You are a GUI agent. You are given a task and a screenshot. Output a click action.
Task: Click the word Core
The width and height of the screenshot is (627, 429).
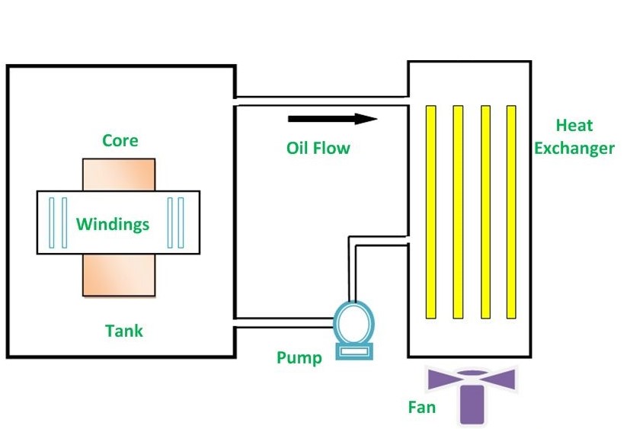pyautogui.click(x=120, y=141)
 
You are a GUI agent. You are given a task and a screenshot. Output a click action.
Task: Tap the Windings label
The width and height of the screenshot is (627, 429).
pyautogui.click(x=113, y=224)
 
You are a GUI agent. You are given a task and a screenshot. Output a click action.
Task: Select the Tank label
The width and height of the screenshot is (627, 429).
pyautogui.click(x=123, y=331)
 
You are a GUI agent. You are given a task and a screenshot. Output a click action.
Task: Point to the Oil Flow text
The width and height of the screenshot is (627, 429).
pyautogui.click(x=318, y=148)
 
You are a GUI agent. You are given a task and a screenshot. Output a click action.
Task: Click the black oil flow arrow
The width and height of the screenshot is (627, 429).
pyautogui.click(x=332, y=118)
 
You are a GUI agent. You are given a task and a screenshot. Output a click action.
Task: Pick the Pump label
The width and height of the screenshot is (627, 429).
pyautogui.click(x=299, y=357)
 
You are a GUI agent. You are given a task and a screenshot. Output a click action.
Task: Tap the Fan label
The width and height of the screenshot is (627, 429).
pyautogui.click(x=421, y=407)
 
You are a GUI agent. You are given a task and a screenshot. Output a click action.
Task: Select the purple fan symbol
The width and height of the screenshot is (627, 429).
pyautogui.click(x=472, y=392)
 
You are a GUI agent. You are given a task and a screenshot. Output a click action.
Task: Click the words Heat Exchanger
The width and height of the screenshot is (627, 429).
pyautogui.click(x=574, y=136)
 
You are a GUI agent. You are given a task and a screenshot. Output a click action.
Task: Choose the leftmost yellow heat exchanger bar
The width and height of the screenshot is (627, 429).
pyautogui.click(x=430, y=212)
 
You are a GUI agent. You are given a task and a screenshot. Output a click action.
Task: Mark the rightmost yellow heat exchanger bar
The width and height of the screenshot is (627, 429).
pyautogui.click(x=511, y=212)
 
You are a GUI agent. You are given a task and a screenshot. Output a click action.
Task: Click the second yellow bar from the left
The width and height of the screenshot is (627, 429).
pyautogui.click(x=458, y=212)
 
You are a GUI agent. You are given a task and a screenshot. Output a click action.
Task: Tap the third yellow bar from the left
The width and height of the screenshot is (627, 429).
pyautogui.click(x=485, y=212)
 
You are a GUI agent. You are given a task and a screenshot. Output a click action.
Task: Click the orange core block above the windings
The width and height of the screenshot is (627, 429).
pyautogui.click(x=119, y=174)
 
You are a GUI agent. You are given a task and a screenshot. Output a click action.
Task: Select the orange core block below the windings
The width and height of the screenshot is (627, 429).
pyautogui.click(x=119, y=274)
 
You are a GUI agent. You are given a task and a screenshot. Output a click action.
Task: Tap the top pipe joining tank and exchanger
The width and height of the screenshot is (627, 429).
pyautogui.click(x=320, y=101)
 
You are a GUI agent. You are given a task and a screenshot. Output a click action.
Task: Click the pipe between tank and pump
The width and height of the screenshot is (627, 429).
pyautogui.click(x=283, y=323)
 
